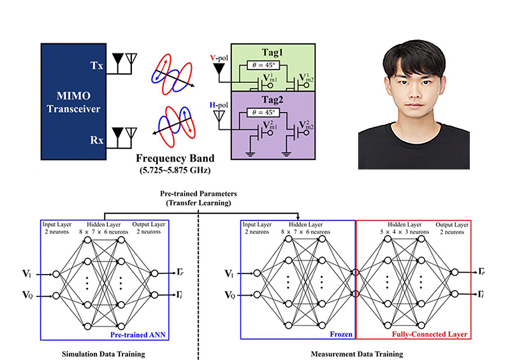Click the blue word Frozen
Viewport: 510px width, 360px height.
pos(340,333)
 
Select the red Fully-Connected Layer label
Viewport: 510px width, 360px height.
pos(432,333)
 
